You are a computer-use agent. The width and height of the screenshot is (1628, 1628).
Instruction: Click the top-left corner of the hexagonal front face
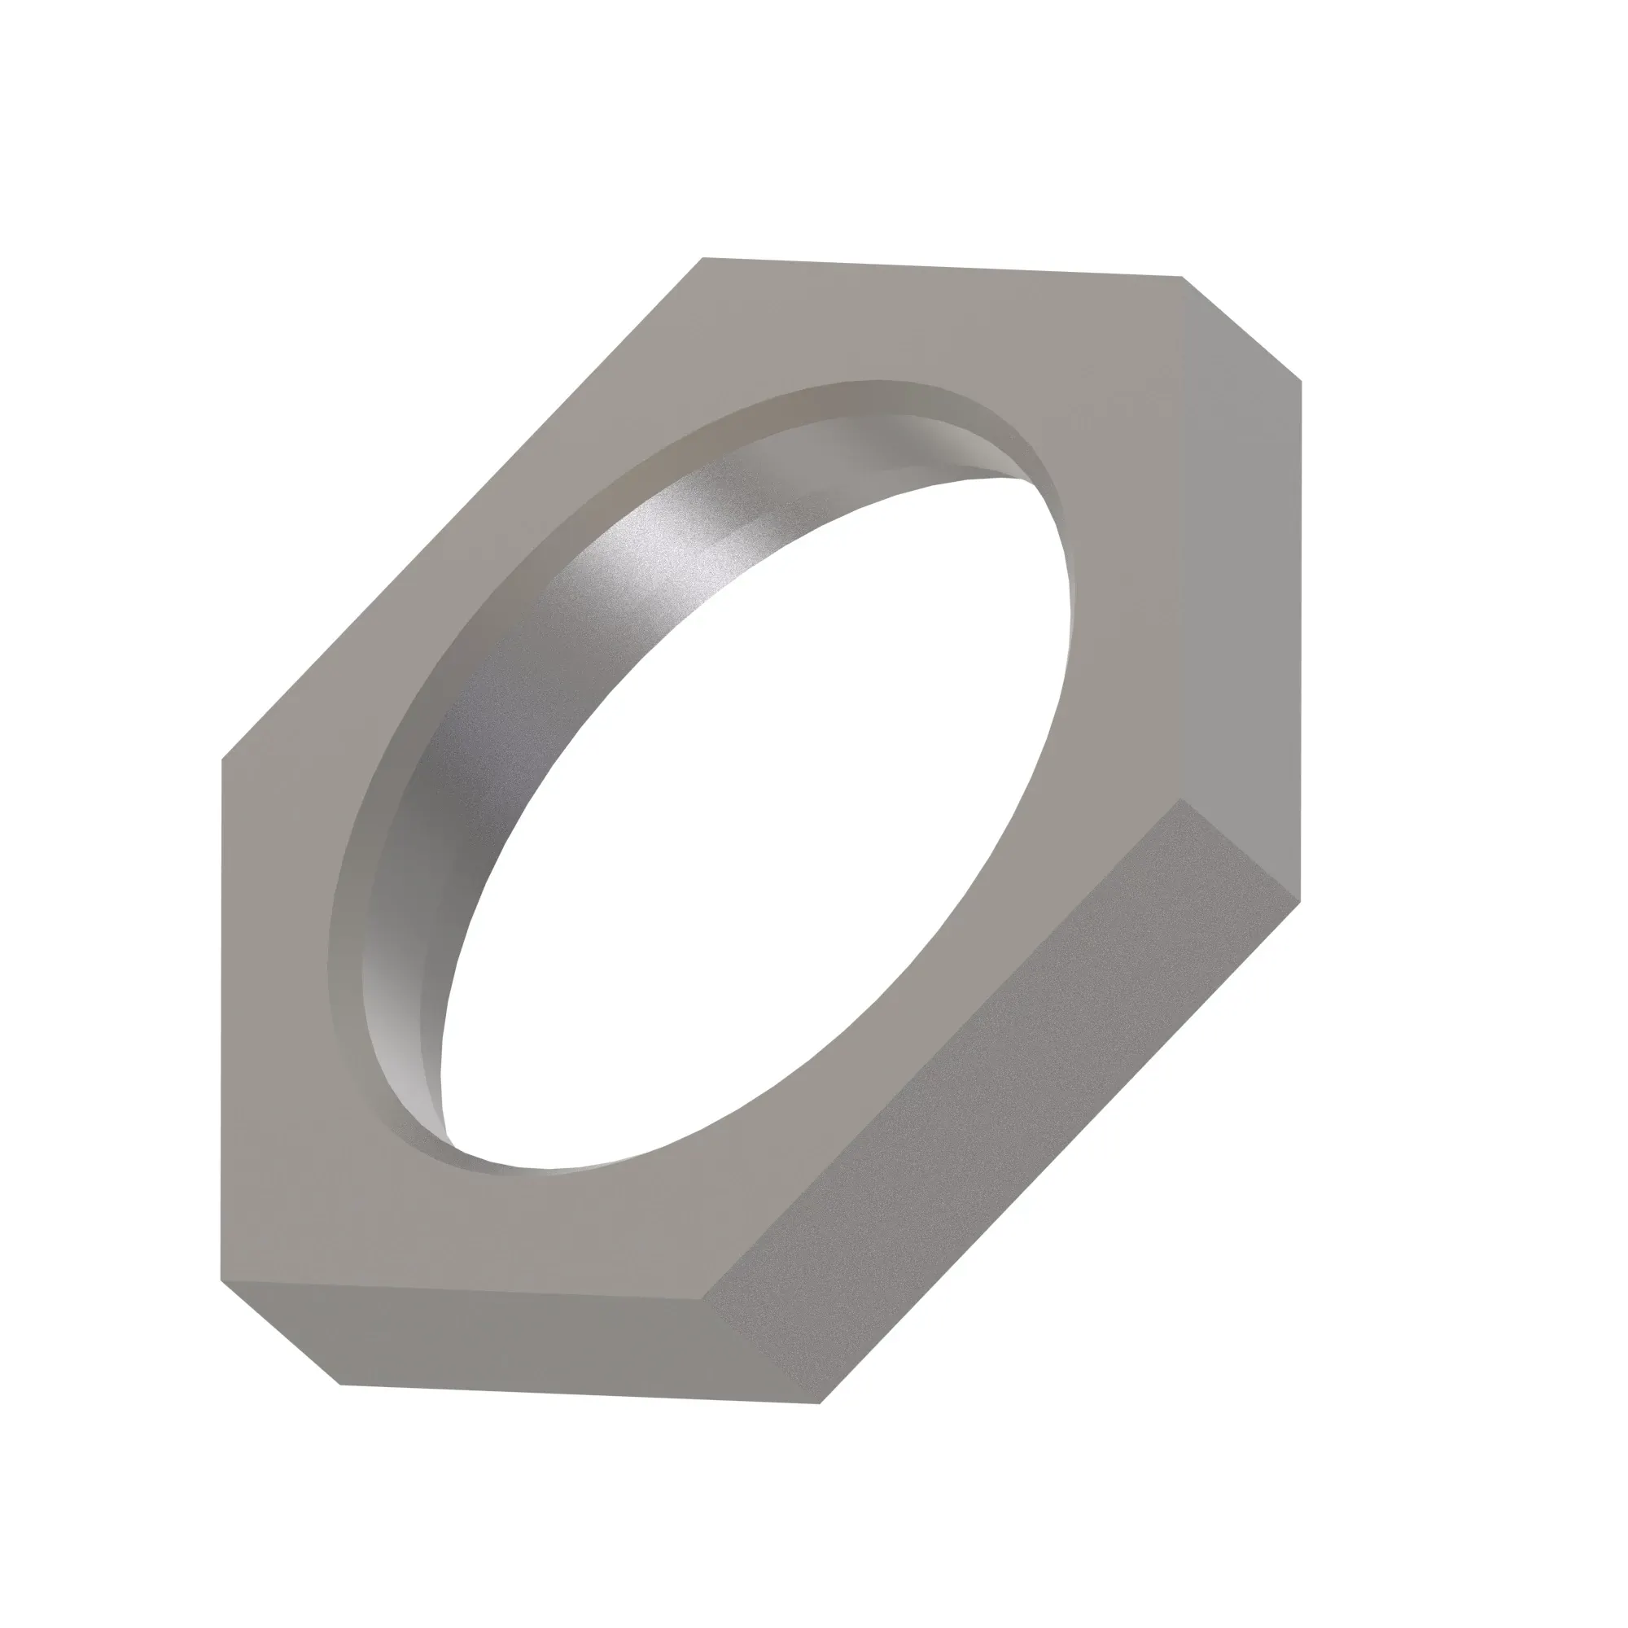point(702,258)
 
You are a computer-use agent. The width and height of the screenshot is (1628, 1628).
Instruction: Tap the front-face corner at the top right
point(1181,277)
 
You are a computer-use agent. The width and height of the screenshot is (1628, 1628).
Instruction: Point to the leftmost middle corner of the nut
point(221,759)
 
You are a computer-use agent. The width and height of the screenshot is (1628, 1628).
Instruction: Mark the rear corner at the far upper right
point(1302,381)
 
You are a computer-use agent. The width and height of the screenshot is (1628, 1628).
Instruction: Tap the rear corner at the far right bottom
point(1302,902)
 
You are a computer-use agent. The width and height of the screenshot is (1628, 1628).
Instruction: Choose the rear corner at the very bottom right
point(820,1403)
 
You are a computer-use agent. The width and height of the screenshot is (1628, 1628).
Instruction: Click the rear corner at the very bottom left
point(339,1385)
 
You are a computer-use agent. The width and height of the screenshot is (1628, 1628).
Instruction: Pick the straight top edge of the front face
point(942,267)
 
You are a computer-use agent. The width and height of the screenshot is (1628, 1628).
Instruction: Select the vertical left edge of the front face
point(221,1020)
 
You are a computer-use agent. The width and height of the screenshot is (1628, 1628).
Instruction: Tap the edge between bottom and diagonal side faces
point(761,1350)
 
